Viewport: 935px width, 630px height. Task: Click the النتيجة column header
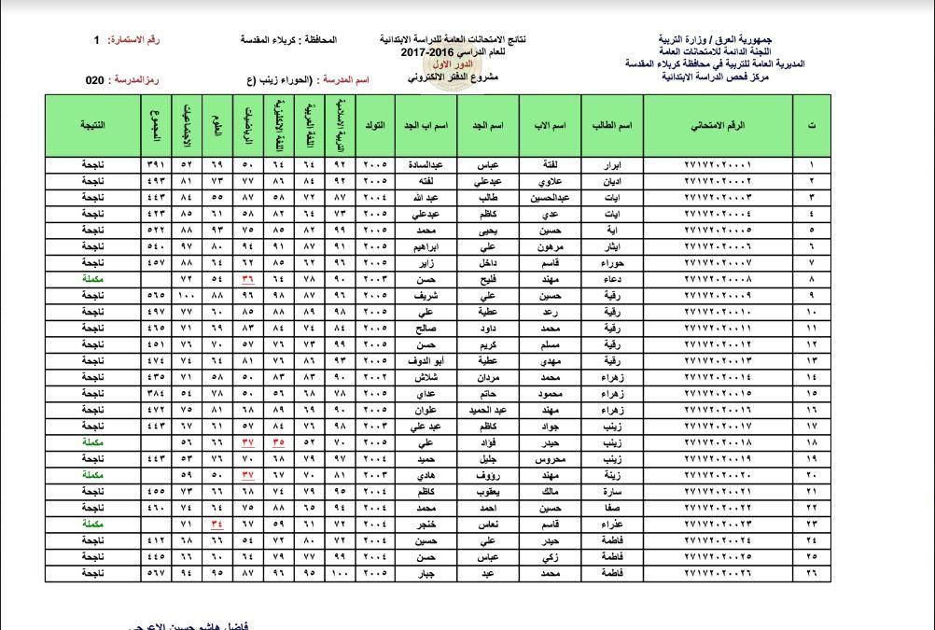(92, 124)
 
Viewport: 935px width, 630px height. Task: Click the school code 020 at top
(94, 81)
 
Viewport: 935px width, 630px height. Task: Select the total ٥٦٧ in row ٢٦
(155, 572)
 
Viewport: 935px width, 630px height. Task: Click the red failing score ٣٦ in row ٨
(247, 278)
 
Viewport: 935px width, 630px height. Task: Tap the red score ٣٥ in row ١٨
(278, 442)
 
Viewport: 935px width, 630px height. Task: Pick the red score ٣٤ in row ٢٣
(216, 524)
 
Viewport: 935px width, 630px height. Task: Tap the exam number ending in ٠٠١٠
(718, 311)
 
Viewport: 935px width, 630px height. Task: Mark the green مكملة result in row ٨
(92, 278)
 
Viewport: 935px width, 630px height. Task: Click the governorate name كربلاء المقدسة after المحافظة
(268, 41)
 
